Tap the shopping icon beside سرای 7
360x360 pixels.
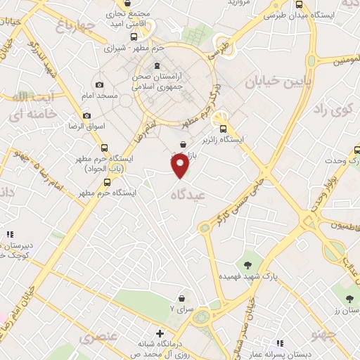183,297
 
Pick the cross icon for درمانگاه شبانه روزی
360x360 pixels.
161,333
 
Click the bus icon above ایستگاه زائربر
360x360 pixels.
223,129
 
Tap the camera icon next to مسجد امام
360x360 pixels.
99,84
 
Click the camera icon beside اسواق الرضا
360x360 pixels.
86,115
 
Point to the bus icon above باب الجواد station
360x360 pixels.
104,148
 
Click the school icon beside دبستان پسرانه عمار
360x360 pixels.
280,343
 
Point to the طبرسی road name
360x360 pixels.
220,49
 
